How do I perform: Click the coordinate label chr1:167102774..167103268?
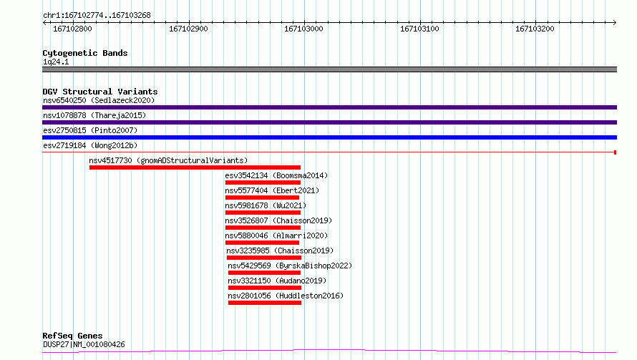[96, 15]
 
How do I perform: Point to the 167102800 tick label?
[72, 29]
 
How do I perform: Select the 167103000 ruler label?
[303, 29]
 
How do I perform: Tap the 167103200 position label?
[535, 29]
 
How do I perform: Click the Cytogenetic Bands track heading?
[84, 53]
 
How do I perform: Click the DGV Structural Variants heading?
[99, 92]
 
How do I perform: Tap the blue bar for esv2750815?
[329, 137]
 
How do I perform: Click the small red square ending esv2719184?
[615, 152]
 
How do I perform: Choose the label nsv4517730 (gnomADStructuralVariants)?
[168, 160]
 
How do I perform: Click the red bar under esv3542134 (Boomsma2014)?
[263, 183]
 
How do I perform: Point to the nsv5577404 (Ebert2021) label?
[272, 190]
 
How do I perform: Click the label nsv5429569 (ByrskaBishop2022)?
[290, 266]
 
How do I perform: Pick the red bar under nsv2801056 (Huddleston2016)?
[265, 303]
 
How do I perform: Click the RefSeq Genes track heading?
[72, 336]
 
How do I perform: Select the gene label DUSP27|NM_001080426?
[84, 344]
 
